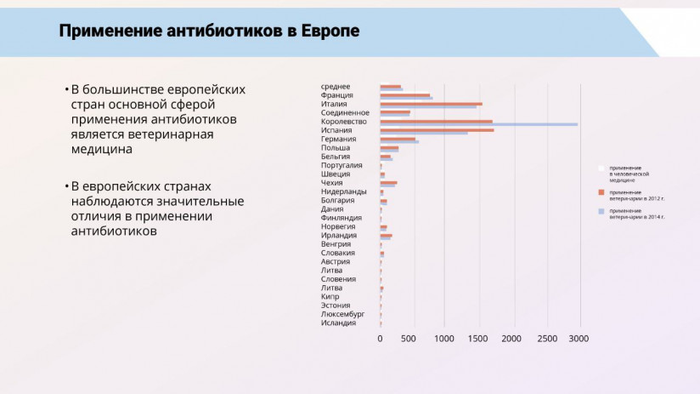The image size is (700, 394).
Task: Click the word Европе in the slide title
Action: (x=329, y=31)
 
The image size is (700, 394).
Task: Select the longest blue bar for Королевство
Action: (x=478, y=124)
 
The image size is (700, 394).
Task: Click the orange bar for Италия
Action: (x=431, y=104)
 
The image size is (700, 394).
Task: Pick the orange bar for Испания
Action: (x=437, y=130)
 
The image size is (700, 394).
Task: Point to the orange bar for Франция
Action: (x=404, y=94)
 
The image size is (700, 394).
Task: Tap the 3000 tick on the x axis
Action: (x=578, y=339)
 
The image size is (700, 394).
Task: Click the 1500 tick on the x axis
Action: (x=479, y=339)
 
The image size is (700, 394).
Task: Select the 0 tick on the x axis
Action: (x=380, y=339)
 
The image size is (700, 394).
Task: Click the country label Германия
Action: (x=338, y=139)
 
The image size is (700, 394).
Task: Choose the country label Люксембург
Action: (x=343, y=314)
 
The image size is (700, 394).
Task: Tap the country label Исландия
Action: (x=339, y=323)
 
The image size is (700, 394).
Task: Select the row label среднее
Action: (x=336, y=86)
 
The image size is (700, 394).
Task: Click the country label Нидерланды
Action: (x=343, y=191)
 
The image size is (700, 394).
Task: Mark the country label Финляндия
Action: (x=342, y=218)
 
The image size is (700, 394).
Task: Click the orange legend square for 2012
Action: (x=601, y=191)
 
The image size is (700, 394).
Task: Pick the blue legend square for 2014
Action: (x=601, y=210)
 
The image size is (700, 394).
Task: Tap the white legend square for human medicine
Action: (x=601, y=168)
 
